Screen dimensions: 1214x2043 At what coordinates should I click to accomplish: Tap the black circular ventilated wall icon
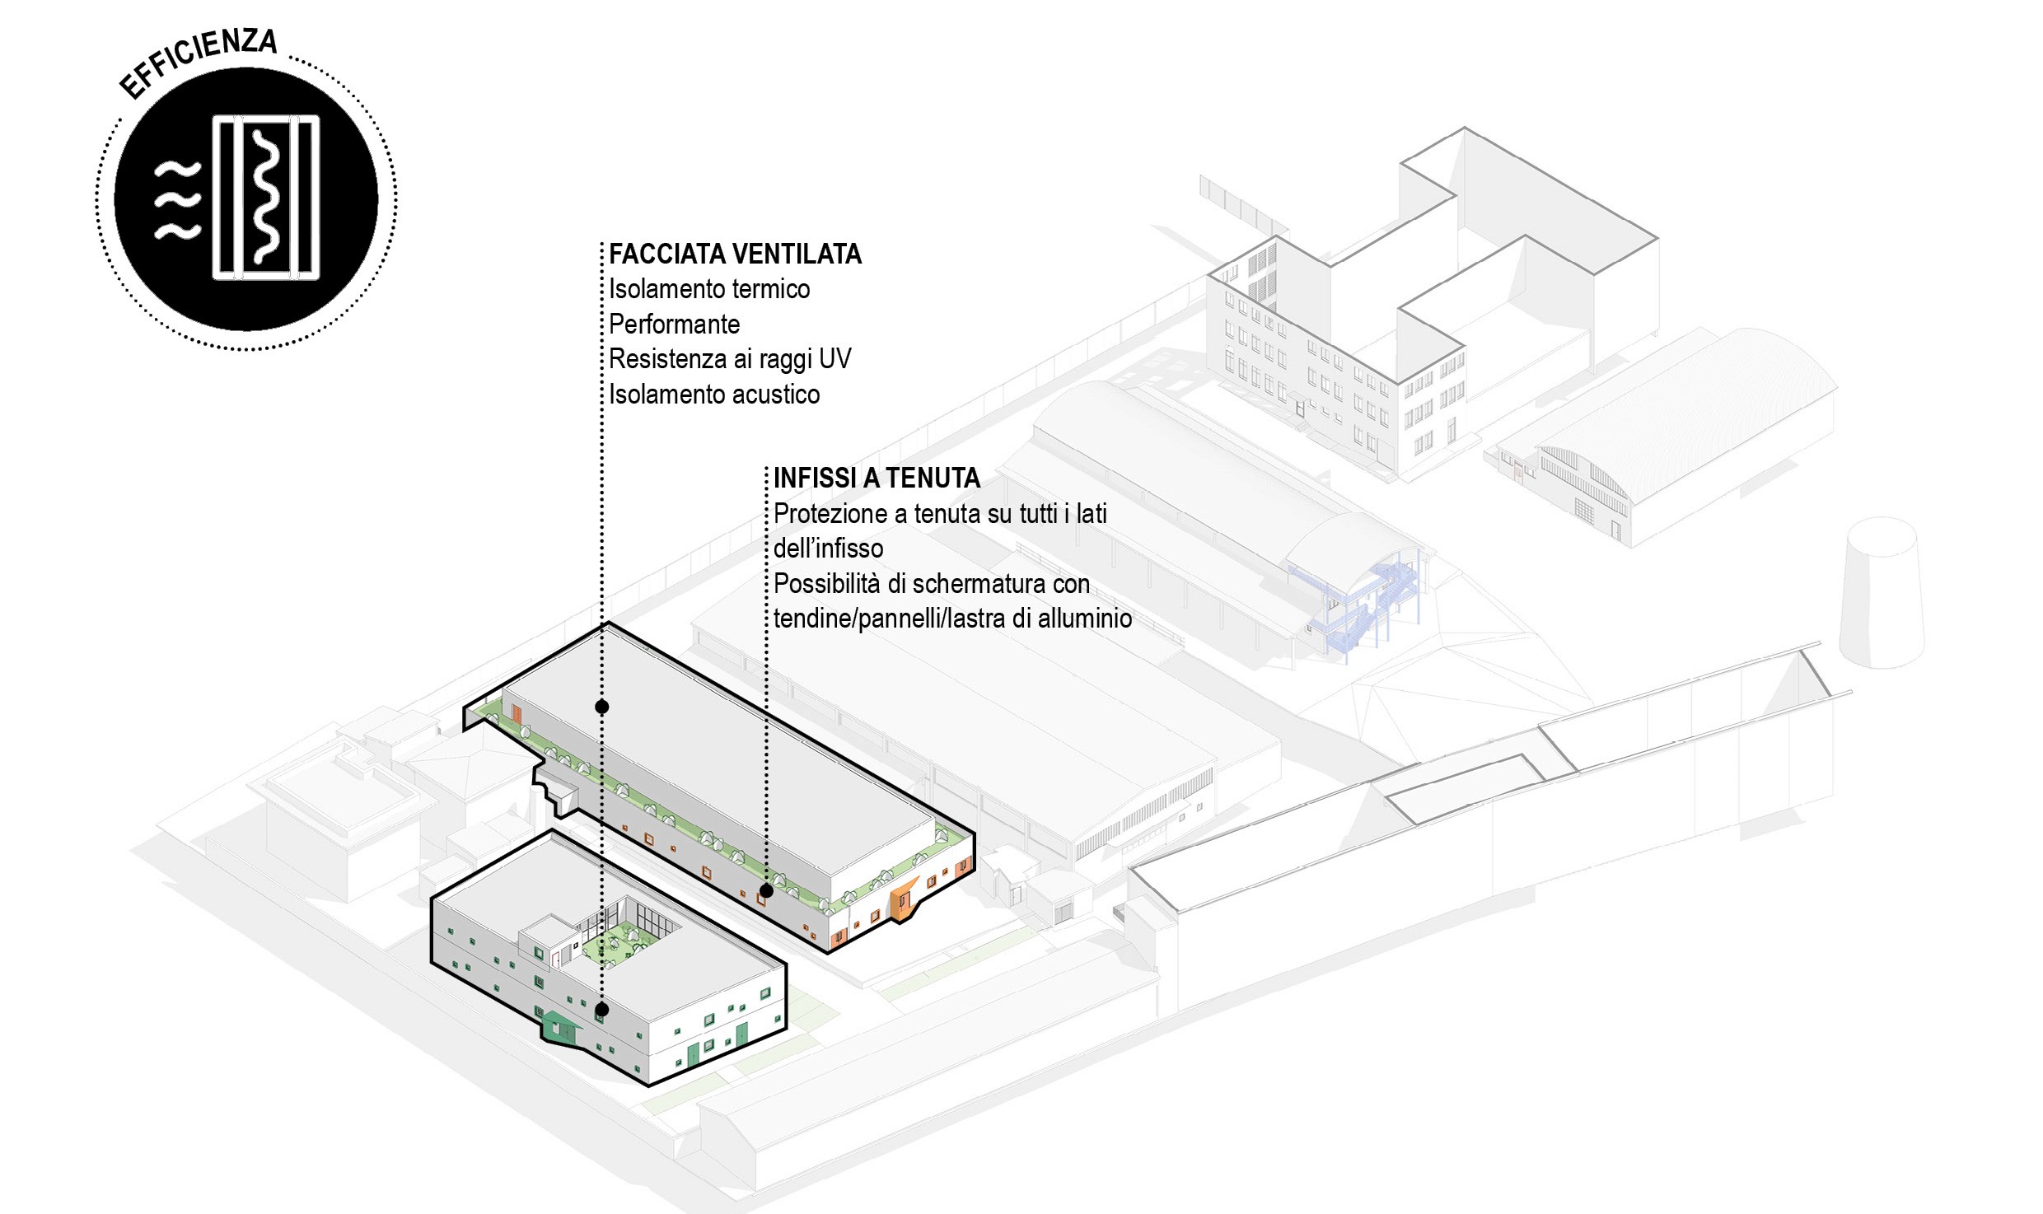click(245, 199)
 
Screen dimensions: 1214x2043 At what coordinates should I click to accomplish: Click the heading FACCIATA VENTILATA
click(735, 254)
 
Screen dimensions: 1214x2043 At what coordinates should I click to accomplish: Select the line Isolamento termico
click(708, 289)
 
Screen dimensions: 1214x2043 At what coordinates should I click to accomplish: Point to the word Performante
click(674, 325)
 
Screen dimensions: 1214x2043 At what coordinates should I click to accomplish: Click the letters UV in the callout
click(835, 359)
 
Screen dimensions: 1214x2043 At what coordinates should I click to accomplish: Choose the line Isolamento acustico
click(713, 395)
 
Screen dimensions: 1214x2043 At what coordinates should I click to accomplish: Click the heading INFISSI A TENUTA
click(877, 478)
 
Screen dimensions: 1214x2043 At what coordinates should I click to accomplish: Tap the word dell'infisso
click(828, 549)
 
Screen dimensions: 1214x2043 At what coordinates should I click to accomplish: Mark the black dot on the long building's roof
click(602, 707)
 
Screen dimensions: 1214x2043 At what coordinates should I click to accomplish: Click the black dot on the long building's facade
click(766, 890)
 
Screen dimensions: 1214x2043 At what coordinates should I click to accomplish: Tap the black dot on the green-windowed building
click(602, 1009)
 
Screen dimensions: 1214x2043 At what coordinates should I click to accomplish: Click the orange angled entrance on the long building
click(904, 900)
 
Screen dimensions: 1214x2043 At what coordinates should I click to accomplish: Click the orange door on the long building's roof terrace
click(517, 713)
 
